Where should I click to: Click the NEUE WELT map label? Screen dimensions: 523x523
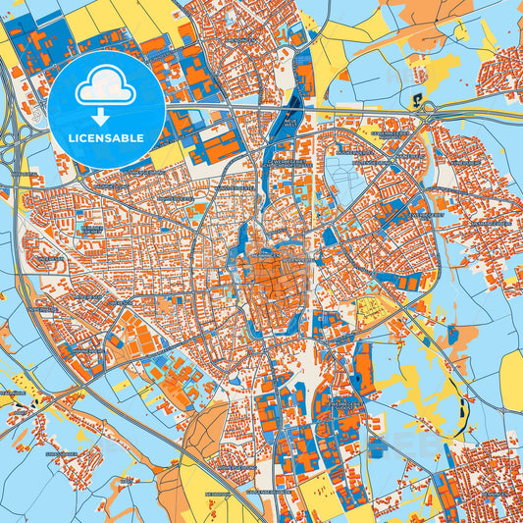tap(290, 123)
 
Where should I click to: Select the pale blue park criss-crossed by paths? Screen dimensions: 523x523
tap(342, 182)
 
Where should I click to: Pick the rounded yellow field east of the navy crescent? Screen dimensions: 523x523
tap(511, 378)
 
